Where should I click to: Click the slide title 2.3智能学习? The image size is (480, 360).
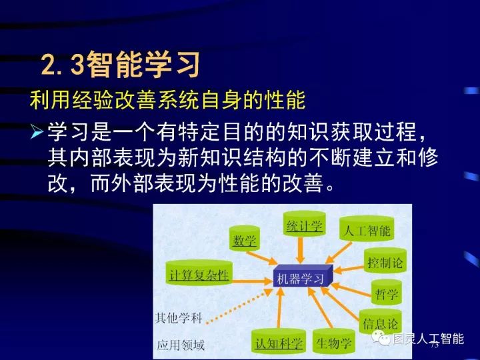[120, 65]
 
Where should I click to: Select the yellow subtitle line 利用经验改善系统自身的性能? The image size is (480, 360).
[167, 102]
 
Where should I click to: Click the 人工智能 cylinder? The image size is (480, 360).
[366, 231]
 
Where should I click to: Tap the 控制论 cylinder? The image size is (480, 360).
[385, 263]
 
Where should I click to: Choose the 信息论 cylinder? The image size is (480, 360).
[381, 323]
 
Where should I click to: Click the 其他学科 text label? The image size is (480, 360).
[178, 317]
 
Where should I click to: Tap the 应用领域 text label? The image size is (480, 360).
[180, 345]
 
